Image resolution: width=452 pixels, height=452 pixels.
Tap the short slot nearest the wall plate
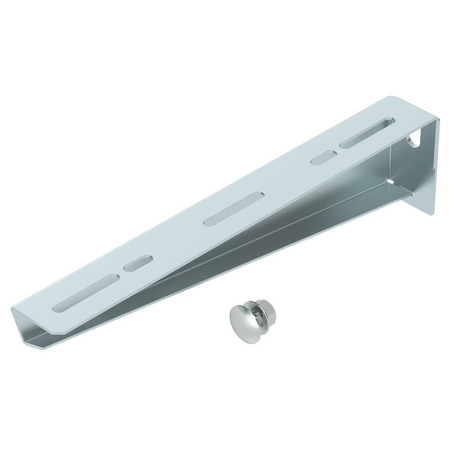point(323,157)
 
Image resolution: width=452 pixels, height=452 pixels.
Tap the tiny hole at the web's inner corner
point(391,180)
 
